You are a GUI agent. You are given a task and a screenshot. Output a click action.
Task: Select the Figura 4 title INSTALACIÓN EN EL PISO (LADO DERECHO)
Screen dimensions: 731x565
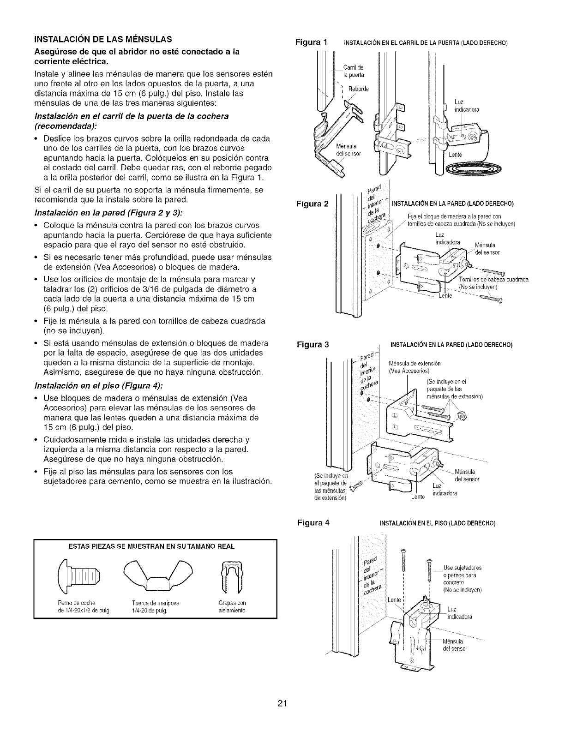437,524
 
